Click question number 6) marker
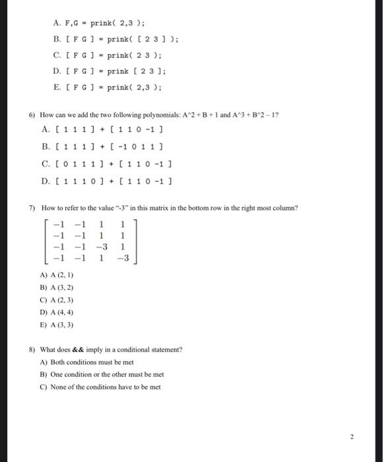tap(31, 114)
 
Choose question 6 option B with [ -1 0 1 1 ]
tap(109, 147)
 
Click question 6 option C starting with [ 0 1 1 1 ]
tap(109, 162)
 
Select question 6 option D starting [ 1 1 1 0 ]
tap(109, 179)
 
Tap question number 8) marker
tap(31, 349)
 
